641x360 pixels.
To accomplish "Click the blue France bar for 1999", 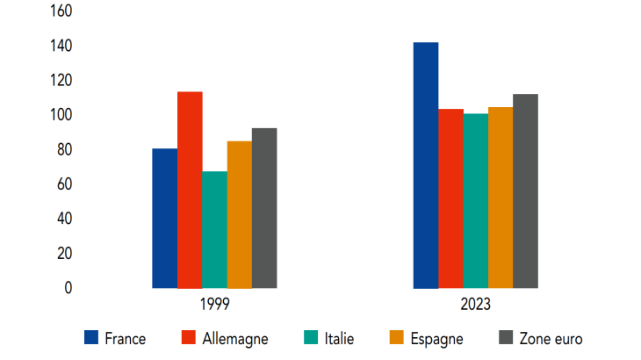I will [x=164, y=218].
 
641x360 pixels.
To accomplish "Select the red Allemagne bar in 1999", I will [x=190, y=190].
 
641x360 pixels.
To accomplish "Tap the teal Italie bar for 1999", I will [x=214, y=229].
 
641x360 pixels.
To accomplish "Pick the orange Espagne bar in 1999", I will [x=239, y=214].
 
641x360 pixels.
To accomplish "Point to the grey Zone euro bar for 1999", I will [x=264, y=208].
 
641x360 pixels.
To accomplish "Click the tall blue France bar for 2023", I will [x=426, y=165].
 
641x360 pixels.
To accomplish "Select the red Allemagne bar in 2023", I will [x=451, y=198].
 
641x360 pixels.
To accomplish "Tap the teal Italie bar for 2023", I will [x=476, y=201].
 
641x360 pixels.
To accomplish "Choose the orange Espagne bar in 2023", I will [x=501, y=198].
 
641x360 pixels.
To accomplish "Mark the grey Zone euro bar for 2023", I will [x=525, y=191].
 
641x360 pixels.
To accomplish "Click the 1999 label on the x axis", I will [x=214, y=305].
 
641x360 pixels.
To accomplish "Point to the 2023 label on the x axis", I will [x=475, y=305].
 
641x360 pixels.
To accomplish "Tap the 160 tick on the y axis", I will [x=61, y=11].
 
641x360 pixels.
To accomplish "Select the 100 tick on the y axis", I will [x=61, y=115].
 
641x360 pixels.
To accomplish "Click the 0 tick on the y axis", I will [x=68, y=288].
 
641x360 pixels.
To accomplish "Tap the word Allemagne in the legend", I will [x=235, y=338].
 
